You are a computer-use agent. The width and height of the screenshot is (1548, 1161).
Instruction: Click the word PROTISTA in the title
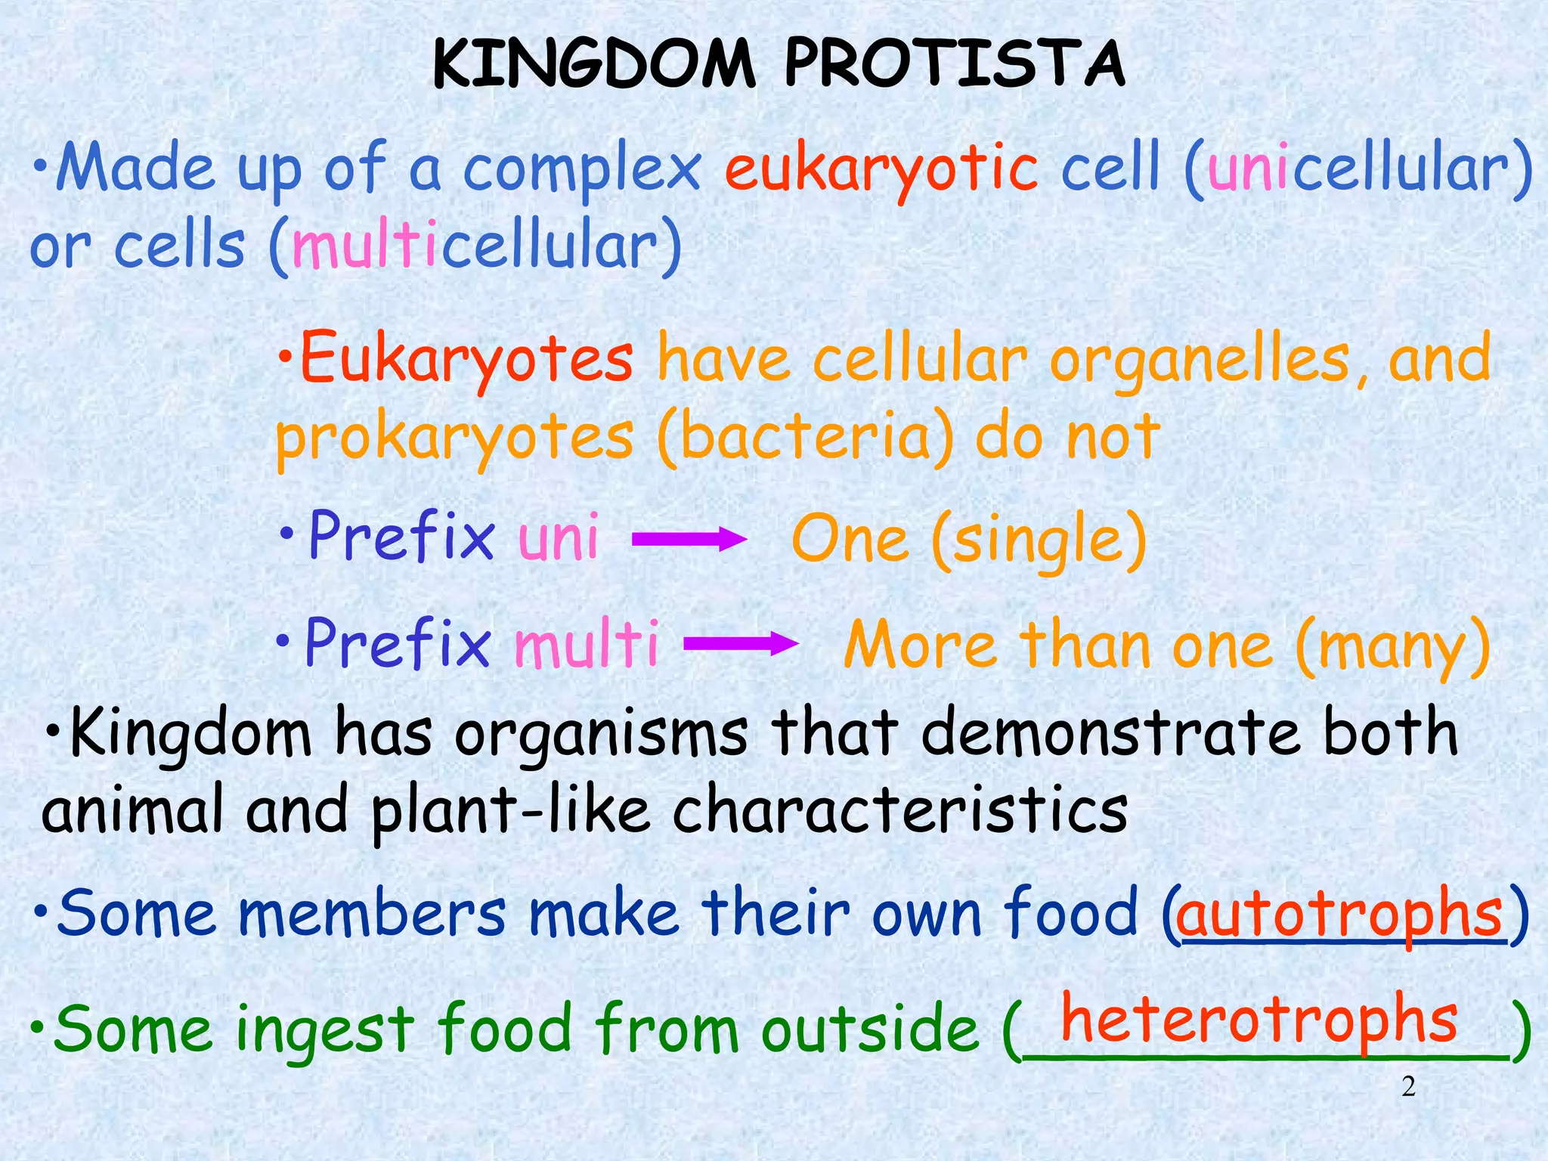pyautogui.click(x=955, y=64)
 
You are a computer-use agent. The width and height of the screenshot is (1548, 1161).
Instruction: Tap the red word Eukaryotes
pyautogui.click(x=466, y=359)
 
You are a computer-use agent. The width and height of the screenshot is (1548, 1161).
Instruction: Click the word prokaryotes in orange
pyautogui.click(x=454, y=438)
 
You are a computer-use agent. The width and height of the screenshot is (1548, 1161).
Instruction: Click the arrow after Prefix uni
pyautogui.click(x=689, y=540)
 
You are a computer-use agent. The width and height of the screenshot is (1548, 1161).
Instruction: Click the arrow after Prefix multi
pyautogui.click(x=740, y=644)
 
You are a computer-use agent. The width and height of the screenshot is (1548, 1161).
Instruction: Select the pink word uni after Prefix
pyautogui.click(x=558, y=537)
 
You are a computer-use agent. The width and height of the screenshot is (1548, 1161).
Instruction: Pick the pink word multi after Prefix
pyautogui.click(x=586, y=644)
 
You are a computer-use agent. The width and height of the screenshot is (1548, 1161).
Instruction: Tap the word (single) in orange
pyautogui.click(x=1039, y=540)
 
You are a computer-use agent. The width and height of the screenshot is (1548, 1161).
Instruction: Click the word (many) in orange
pyautogui.click(x=1393, y=646)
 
